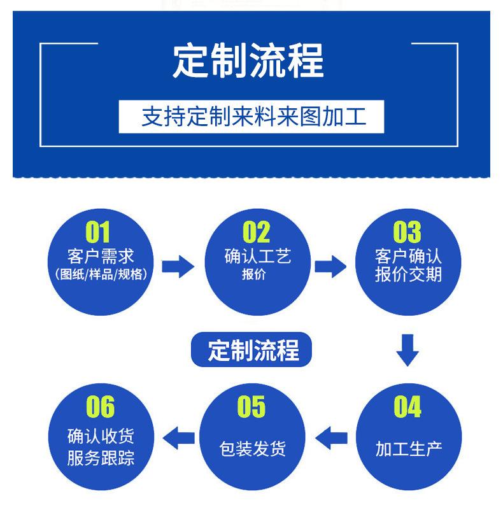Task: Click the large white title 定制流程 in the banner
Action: [248, 61]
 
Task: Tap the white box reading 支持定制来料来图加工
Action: [251, 117]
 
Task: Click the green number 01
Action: [97, 232]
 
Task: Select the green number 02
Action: [257, 232]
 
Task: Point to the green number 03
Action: [407, 232]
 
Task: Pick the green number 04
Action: [407, 407]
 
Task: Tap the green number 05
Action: [251, 407]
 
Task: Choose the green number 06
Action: [100, 407]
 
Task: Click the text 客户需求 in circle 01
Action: [101, 257]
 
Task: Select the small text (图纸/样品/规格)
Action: [101, 274]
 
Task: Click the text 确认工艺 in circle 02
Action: [258, 257]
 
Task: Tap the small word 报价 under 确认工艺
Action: [254, 274]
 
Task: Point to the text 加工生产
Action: [409, 449]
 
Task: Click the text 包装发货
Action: [253, 449]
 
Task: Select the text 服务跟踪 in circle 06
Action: [101, 458]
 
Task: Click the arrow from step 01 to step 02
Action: [178, 267]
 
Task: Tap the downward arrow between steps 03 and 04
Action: [407, 350]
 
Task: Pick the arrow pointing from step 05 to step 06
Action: [179, 438]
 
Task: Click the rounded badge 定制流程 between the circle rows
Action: [251, 350]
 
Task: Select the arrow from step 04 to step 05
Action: [331, 438]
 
